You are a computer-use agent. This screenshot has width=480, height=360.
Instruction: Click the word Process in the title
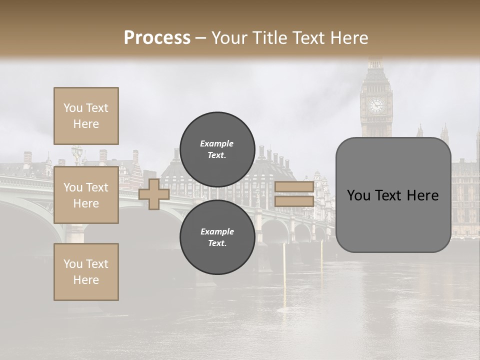(x=157, y=38)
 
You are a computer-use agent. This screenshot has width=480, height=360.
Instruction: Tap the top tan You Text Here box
(x=86, y=116)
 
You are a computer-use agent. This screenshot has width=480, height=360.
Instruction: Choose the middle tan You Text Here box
(x=86, y=195)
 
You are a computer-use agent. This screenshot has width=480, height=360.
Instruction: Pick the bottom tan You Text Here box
(x=86, y=272)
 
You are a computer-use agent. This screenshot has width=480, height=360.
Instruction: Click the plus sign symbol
(x=154, y=194)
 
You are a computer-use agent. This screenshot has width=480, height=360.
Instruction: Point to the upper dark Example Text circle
(x=217, y=149)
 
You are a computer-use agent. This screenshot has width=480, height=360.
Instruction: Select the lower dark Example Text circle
(x=217, y=237)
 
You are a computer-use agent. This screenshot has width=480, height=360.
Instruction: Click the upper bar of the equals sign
(x=294, y=187)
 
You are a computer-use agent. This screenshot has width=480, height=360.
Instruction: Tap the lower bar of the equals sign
(x=294, y=201)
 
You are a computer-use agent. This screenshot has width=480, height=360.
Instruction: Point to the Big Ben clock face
(x=376, y=105)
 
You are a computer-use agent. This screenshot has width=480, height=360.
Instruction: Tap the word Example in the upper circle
(x=217, y=143)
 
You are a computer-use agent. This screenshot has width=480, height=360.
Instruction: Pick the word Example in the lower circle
(x=217, y=231)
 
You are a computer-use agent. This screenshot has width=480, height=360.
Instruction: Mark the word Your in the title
(x=227, y=38)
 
